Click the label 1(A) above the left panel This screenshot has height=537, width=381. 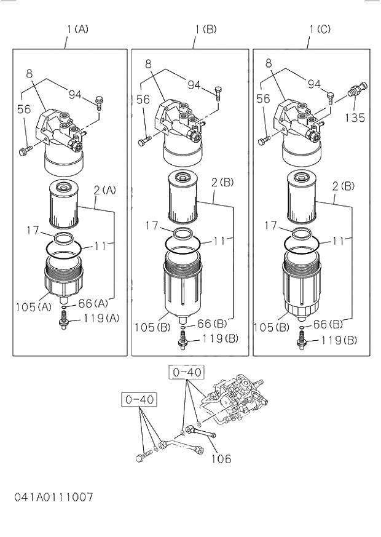tap(78, 28)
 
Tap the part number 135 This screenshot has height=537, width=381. tap(355, 117)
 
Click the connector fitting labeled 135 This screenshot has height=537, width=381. tap(356, 91)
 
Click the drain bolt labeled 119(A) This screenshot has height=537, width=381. tap(63, 320)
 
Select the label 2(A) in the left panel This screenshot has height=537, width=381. tap(104, 191)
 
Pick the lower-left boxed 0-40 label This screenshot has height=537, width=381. tap(139, 400)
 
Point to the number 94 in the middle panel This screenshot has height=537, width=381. tap(194, 84)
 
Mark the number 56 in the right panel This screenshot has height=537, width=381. tap(263, 98)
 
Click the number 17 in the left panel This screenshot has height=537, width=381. tap(33, 231)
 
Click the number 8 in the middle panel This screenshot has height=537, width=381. tap(148, 63)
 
